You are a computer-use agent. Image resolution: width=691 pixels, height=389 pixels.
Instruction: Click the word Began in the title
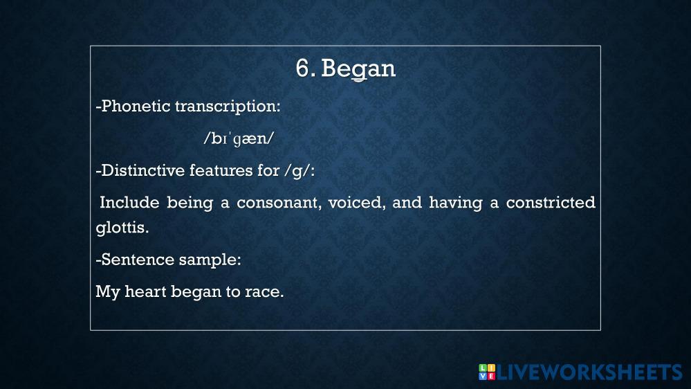[x=358, y=69]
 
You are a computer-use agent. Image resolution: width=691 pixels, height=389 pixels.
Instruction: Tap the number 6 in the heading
[x=302, y=69]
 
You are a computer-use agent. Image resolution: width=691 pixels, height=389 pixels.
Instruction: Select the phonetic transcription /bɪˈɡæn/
[x=239, y=138]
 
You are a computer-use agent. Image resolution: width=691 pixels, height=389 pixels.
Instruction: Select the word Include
[x=129, y=202]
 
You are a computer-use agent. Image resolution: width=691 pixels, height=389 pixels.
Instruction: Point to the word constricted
[x=551, y=202]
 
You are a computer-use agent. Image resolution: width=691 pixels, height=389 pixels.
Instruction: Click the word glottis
[x=122, y=228]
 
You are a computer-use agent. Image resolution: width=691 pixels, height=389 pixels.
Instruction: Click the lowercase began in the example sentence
[x=196, y=292]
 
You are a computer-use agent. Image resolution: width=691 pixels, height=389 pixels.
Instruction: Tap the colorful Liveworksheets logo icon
[x=487, y=372]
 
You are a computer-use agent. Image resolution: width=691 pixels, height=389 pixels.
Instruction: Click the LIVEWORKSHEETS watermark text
[x=589, y=372]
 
